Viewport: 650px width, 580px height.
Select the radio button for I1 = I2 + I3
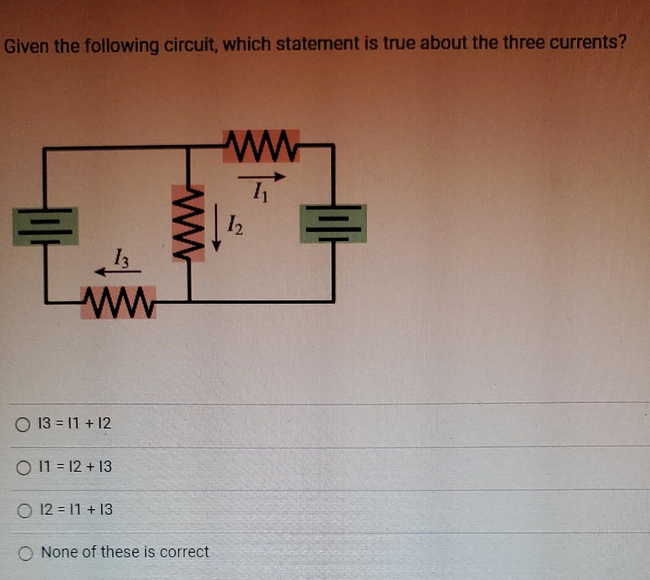pyautogui.click(x=23, y=468)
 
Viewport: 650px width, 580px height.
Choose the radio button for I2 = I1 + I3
pyautogui.click(x=24, y=511)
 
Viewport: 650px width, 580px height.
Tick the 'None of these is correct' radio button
pyautogui.click(x=26, y=553)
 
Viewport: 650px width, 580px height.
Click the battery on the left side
pyautogui.click(x=46, y=226)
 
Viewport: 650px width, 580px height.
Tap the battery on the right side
pyautogui.click(x=333, y=223)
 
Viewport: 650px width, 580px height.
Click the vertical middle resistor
pyautogui.click(x=189, y=222)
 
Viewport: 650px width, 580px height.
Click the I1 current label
pyautogui.click(x=260, y=191)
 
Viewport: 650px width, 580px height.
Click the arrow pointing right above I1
pyautogui.click(x=261, y=176)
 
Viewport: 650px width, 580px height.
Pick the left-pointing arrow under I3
pyautogui.click(x=117, y=272)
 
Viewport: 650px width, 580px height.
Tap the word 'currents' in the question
pyautogui.click(x=588, y=42)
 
